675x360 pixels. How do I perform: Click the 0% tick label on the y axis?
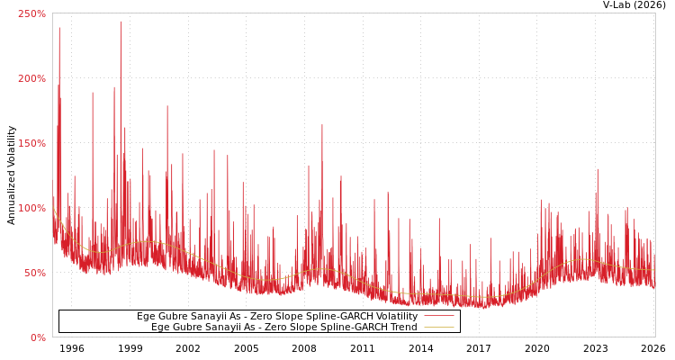coord(38,337)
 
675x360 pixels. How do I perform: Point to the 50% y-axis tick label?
coord(35,273)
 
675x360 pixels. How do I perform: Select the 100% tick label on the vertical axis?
coord(32,208)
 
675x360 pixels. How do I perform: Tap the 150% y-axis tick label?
coord(32,143)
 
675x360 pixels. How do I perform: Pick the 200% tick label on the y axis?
coord(32,78)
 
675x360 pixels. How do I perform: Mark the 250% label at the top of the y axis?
coord(32,13)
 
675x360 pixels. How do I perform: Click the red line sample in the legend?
coord(438,317)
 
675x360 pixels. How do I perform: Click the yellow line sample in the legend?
coord(438,328)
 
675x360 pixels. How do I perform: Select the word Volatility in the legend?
coord(396,317)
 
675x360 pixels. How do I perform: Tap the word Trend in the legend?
coord(402,328)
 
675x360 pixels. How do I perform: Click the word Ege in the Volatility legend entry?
coord(146,317)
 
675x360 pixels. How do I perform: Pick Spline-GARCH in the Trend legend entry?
coord(352,328)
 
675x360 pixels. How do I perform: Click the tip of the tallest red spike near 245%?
coord(121,21)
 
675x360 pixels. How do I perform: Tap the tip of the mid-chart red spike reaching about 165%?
coord(322,124)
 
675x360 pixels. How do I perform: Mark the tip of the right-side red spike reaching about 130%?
coord(597,168)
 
